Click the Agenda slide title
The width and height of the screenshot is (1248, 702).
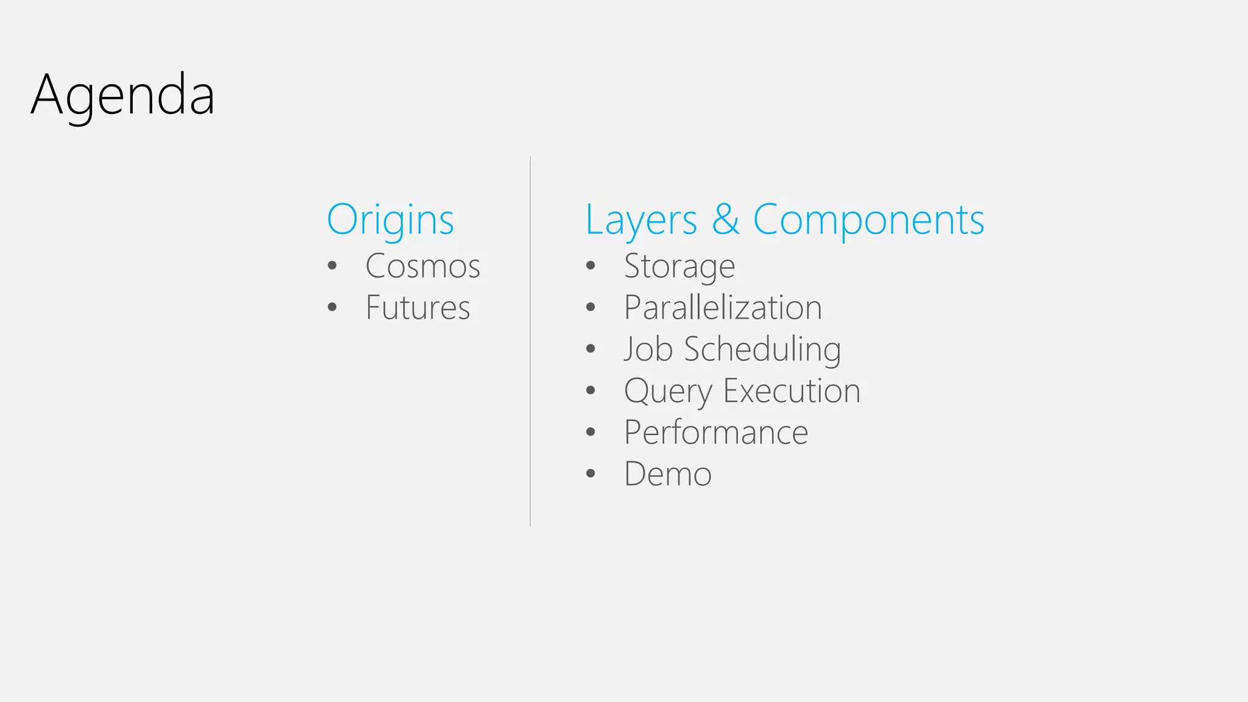click(122, 95)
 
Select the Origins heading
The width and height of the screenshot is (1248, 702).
click(390, 220)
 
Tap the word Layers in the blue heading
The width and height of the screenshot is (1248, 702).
click(641, 220)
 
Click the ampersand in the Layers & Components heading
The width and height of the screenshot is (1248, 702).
click(725, 219)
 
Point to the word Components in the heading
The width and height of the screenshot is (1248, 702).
click(868, 220)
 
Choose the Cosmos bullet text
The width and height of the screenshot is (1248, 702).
click(422, 266)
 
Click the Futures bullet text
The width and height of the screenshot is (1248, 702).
click(417, 308)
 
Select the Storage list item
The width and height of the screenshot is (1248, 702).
click(679, 267)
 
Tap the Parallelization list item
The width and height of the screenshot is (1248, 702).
click(723, 308)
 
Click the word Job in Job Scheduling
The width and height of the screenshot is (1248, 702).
click(648, 349)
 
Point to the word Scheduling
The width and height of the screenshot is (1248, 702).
click(762, 350)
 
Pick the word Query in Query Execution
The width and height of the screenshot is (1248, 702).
click(668, 391)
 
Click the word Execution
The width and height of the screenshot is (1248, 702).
click(792, 391)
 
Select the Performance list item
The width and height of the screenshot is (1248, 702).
click(716, 433)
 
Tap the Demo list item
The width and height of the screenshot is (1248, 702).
click(668, 474)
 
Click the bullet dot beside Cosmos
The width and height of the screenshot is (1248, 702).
click(332, 266)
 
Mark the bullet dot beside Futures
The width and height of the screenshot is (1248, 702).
click(332, 307)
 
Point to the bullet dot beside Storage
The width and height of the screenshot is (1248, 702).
click(590, 266)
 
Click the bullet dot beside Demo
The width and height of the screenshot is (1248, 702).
click(590, 473)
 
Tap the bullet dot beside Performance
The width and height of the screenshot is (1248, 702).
click(590, 432)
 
